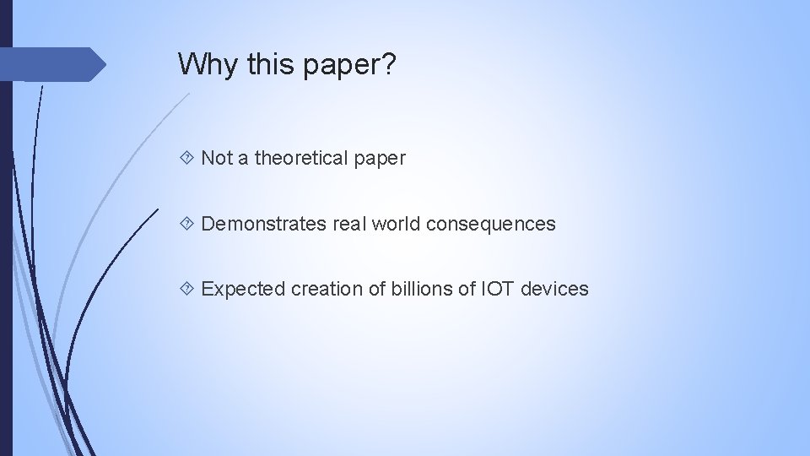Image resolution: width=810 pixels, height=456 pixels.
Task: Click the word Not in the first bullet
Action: coord(216,158)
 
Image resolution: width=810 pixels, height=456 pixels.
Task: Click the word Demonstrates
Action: coord(262,224)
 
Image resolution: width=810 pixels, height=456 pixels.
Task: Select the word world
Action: coord(396,224)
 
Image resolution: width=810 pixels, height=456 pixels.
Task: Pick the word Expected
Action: coord(244,289)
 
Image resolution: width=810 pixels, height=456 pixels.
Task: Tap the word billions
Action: coord(419,289)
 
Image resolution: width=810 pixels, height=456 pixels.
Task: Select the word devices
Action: coord(554,289)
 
